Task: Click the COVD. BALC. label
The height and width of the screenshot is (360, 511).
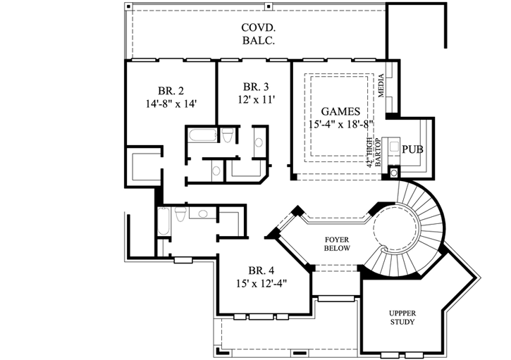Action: click(256, 35)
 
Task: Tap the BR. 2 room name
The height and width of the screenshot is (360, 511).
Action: click(171, 90)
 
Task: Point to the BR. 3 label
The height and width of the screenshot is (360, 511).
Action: click(255, 87)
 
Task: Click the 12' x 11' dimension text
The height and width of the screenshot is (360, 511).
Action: click(255, 100)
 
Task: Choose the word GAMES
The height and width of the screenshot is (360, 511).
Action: click(340, 111)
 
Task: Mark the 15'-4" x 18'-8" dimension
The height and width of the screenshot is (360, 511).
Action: click(340, 124)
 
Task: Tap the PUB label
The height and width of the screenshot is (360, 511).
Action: click(412, 149)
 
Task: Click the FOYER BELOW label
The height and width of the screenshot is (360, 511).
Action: click(337, 244)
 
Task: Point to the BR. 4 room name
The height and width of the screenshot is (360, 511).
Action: click(261, 271)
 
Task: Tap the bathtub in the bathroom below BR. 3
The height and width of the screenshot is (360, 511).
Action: click(203, 135)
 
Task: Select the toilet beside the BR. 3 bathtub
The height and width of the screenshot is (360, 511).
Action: click(227, 136)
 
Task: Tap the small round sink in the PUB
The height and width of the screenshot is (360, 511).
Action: click(393, 170)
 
